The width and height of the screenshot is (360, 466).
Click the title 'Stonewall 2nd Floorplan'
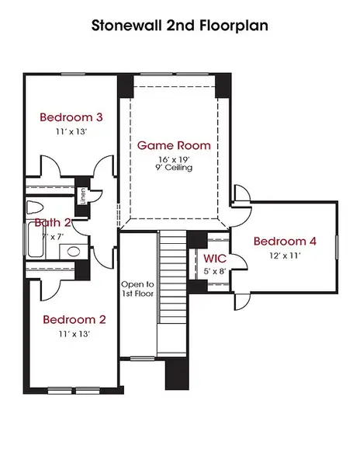click(x=179, y=26)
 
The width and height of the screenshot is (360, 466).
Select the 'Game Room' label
click(x=174, y=145)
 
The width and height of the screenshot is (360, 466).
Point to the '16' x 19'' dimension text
click(x=174, y=159)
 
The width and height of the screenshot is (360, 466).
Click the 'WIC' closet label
click(x=215, y=258)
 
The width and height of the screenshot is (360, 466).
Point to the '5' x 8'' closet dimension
click(x=215, y=271)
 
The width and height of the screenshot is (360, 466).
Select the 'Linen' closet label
click(x=82, y=196)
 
